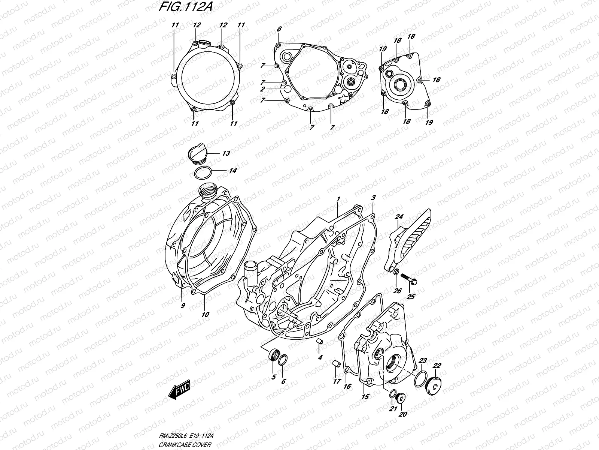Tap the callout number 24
click(399, 217)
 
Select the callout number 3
click(373, 197)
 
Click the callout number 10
click(205, 315)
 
